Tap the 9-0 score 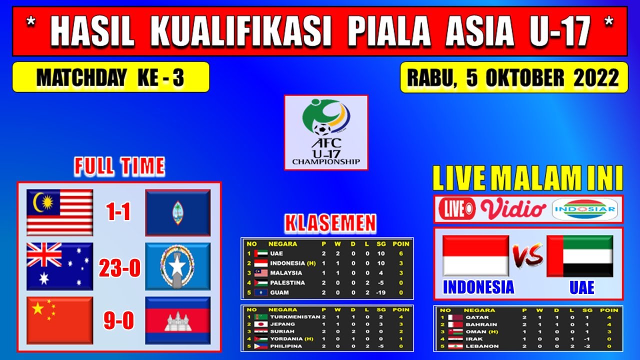[119, 320]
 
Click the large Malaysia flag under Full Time [60, 212]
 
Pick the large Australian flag [60, 266]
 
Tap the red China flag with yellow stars [60, 320]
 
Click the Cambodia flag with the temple [178, 320]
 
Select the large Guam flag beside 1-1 [178, 212]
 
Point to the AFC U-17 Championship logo [326, 132]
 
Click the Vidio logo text [513, 209]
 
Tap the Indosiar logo [587, 209]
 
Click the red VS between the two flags [527, 255]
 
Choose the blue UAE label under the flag [582, 287]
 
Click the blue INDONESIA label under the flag [478, 287]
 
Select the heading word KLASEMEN [330, 224]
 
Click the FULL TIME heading [119, 166]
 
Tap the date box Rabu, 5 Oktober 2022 [513, 77]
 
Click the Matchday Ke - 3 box [110, 77]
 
